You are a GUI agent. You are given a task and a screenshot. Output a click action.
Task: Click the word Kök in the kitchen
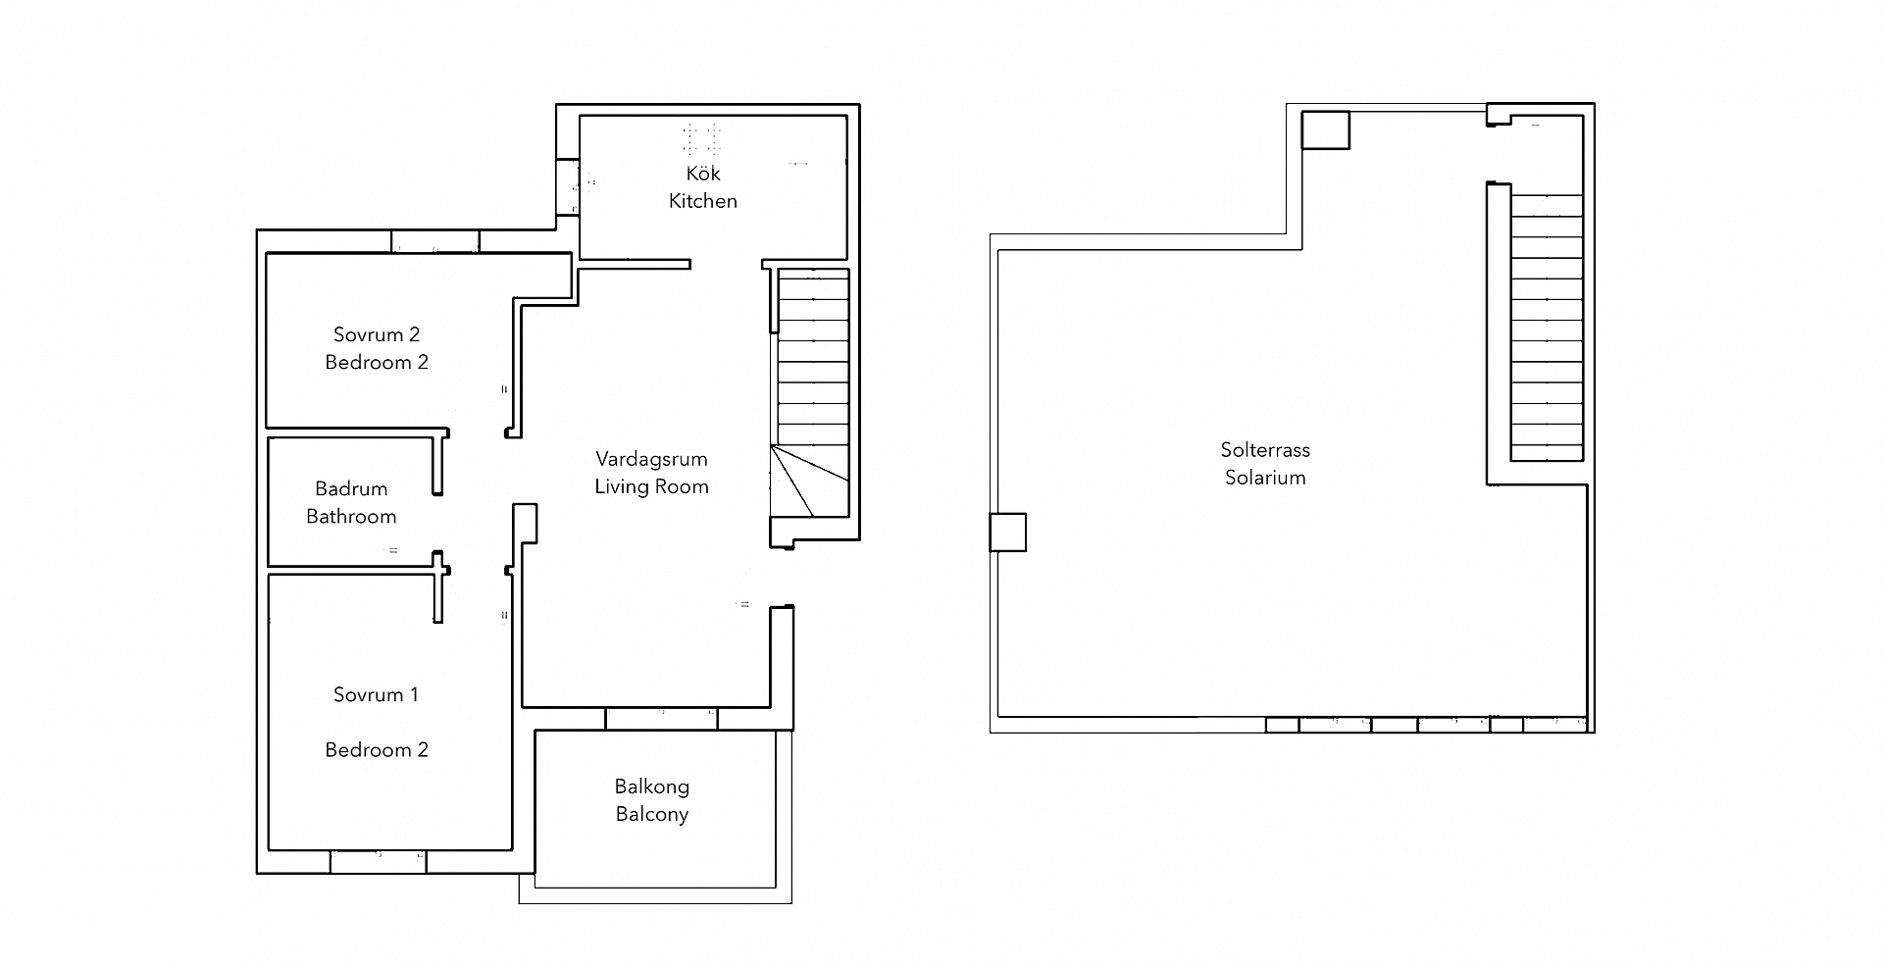coord(703,174)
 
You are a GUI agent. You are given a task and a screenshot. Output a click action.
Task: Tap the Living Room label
coord(651,486)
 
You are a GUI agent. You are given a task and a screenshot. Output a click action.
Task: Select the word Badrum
coord(351,488)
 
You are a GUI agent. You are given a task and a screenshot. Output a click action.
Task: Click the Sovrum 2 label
coord(376,334)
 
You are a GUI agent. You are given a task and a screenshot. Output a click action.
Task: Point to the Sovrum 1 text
coord(376,694)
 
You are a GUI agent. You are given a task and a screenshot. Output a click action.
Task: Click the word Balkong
coord(651,787)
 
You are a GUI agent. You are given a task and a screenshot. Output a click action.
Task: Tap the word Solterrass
coord(1264,450)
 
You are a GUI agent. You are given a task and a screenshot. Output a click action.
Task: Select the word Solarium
coord(1264,478)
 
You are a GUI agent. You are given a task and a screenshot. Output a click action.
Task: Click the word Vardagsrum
coord(651,459)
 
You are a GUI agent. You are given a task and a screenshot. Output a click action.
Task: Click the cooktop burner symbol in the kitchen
coord(702,137)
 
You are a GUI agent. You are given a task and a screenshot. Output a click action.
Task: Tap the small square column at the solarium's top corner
coord(1325,129)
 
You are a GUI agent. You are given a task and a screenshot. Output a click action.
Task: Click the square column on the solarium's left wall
coord(1007,533)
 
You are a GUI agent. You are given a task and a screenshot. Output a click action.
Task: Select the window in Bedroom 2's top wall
coord(435,241)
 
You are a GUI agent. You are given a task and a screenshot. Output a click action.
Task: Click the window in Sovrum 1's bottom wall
coord(379,862)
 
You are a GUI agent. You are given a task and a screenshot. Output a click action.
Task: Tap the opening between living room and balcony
coord(661,719)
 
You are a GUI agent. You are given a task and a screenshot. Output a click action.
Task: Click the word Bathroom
coord(351,516)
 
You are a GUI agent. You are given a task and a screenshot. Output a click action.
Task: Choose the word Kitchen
coord(703,201)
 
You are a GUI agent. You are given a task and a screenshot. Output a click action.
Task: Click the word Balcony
coord(651,814)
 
